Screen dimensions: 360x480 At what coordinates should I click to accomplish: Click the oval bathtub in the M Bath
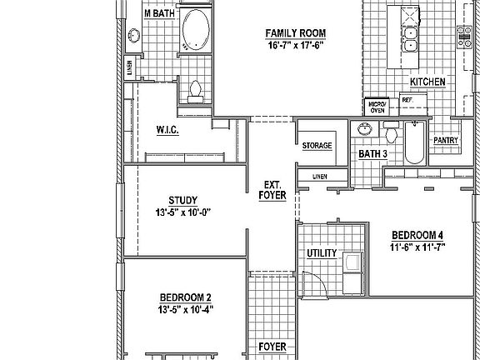(x=197, y=28)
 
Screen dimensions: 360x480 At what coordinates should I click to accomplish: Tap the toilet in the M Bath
(x=197, y=89)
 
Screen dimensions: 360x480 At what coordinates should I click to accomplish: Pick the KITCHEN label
(x=427, y=82)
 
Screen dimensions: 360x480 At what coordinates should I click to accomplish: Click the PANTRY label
(x=445, y=141)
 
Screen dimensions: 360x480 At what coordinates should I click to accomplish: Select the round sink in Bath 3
(x=363, y=129)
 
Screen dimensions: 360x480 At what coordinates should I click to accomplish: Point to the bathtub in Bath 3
(x=414, y=143)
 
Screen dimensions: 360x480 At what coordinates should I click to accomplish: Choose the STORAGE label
(x=317, y=146)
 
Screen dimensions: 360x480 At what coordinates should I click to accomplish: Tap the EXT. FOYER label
(x=273, y=190)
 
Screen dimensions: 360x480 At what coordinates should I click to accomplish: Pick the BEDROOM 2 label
(x=185, y=297)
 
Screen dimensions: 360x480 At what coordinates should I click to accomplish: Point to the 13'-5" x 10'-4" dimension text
(x=185, y=309)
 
